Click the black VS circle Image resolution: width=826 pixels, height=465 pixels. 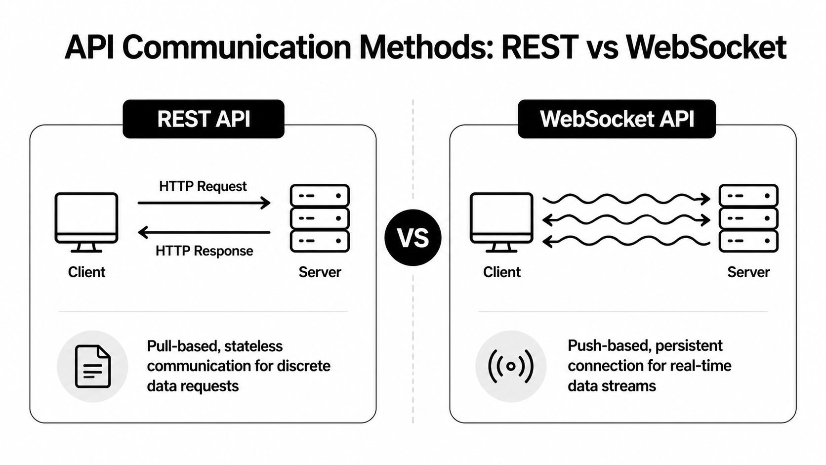coord(413,238)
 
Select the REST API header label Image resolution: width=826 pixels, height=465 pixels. coord(204,119)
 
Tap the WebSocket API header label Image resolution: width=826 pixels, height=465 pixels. coord(617,119)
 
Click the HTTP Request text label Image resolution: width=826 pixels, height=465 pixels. coord(203,186)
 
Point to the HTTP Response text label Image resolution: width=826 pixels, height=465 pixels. coord(204,251)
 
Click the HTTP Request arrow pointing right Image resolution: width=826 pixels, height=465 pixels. coord(204,203)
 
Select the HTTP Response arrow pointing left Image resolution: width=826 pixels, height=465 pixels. coord(204,232)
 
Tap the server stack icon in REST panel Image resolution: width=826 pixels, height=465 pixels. coord(320,218)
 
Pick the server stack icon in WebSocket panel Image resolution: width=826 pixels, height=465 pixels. coord(748,218)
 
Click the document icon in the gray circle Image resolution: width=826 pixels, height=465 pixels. coord(92,366)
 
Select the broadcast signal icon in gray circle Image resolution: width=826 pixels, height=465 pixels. coord(511,366)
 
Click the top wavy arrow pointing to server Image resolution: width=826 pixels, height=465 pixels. coord(626,199)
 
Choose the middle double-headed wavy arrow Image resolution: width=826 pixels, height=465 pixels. coord(626,219)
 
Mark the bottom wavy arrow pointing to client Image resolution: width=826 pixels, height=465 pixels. coord(626,241)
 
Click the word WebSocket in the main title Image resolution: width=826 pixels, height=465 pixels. coord(705,48)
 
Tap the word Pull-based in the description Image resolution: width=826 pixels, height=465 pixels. coord(182,346)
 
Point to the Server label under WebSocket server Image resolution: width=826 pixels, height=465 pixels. coord(748,272)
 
